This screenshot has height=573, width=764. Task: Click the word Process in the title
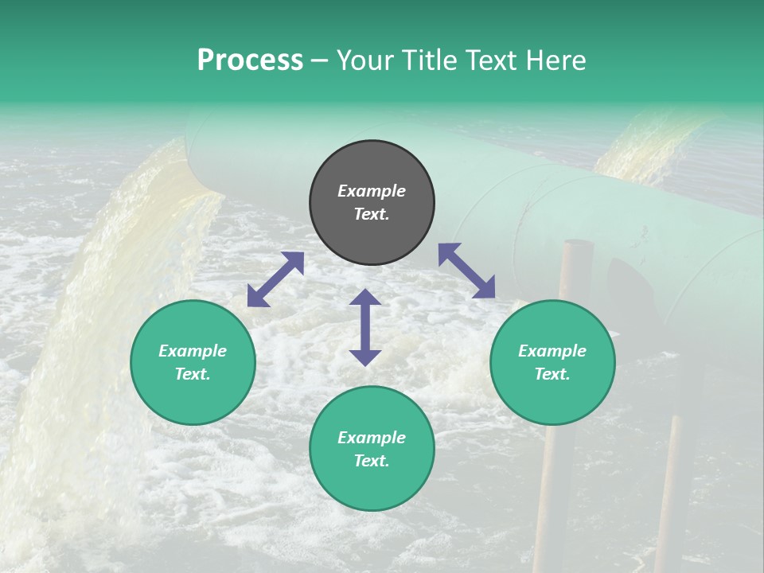250,60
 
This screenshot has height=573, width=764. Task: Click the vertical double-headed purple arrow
365,327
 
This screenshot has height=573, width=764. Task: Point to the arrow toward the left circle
275,279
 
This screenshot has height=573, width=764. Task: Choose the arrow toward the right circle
466,271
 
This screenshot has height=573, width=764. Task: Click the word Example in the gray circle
372,191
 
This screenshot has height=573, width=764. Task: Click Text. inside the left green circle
193,374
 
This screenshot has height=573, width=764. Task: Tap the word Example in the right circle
552,351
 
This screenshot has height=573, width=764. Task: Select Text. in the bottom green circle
372,461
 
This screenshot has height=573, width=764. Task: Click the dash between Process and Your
320,60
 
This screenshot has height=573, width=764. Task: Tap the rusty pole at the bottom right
668,493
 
